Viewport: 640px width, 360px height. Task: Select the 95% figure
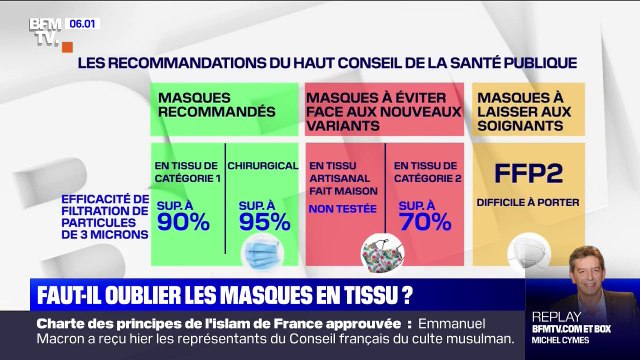tap(267, 221)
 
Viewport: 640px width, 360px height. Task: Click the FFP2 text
tap(529, 171)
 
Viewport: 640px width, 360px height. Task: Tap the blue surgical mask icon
tap(262, 255)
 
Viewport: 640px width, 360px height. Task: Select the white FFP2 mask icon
tap(527, 251)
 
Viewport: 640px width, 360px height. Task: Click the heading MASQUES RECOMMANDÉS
tap(213, 104)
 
